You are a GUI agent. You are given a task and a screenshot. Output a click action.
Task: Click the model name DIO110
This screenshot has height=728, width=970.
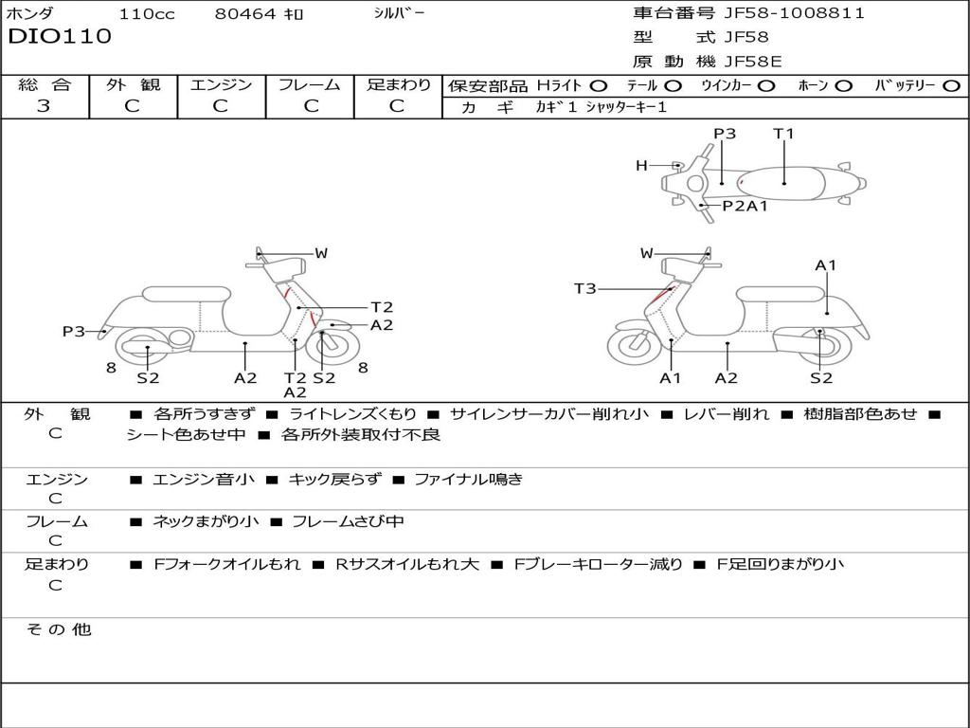60,37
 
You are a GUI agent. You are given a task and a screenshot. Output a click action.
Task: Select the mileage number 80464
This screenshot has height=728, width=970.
245,14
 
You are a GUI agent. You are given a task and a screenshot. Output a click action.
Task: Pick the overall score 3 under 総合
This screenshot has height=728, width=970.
44,106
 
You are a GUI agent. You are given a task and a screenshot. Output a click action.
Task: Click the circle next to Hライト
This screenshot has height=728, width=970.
599,86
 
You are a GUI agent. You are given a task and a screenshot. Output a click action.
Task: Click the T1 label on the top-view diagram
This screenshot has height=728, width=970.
783,134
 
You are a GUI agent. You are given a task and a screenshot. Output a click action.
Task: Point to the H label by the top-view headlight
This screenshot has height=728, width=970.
641,166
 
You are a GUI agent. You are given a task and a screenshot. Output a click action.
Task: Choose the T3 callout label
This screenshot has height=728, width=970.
584,288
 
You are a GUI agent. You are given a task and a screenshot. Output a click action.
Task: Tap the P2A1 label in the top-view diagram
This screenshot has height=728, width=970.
745,206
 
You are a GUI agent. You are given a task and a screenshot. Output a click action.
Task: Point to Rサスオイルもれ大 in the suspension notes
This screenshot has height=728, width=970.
407,564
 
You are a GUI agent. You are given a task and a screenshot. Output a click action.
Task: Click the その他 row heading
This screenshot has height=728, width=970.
58,629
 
